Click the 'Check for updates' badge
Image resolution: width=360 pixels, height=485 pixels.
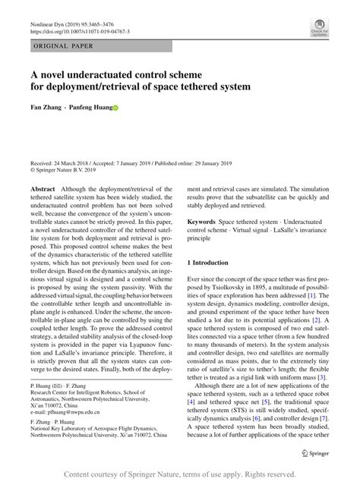click(x=319, y=28)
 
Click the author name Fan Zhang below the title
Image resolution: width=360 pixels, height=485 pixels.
click(x=44, y=108)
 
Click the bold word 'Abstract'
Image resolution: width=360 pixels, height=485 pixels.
click(x=43, y=187)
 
